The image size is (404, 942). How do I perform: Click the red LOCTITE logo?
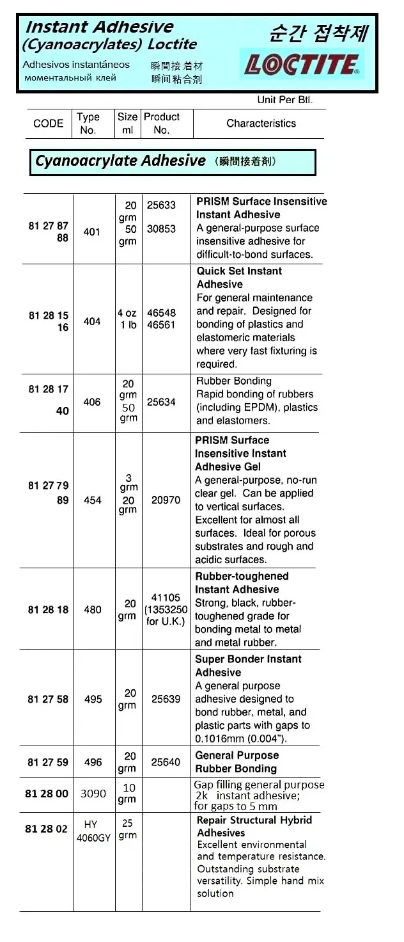pyautogui.click(x=302, y=65)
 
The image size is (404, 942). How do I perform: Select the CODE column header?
pyautogui.click(x=48, y=124)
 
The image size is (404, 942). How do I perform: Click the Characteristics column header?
pyautogui.click(x=261, y=124)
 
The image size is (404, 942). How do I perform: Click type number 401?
pyautogui.click(x=92, y=232)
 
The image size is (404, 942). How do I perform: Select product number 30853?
pyautogui.click(x=161, y=228)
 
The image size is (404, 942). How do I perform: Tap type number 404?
pyautogui.click(x=92, y=321)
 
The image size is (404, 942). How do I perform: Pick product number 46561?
pyautogui.click(x=161, y=325)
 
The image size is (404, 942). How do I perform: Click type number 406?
pyautogui.click(x=92, y=402)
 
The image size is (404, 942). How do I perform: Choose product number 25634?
pyautogui.click(x=161, y=402)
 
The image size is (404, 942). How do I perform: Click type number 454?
pyautogui.click(x=93, y=500)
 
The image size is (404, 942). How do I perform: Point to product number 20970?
pyautogui.click(x=166, y=500)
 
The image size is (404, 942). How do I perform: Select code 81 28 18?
pyautogui.click(x=48, y=610)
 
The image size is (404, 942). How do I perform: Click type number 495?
pyautogui.click(x=93, y=699)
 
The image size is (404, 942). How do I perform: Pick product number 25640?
pyautogui.click(x=166, y=762)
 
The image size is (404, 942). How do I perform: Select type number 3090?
pyautogui.click(x=93, y=794)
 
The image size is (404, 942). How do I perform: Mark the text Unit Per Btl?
pyautogui.click(x=284, y=100)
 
